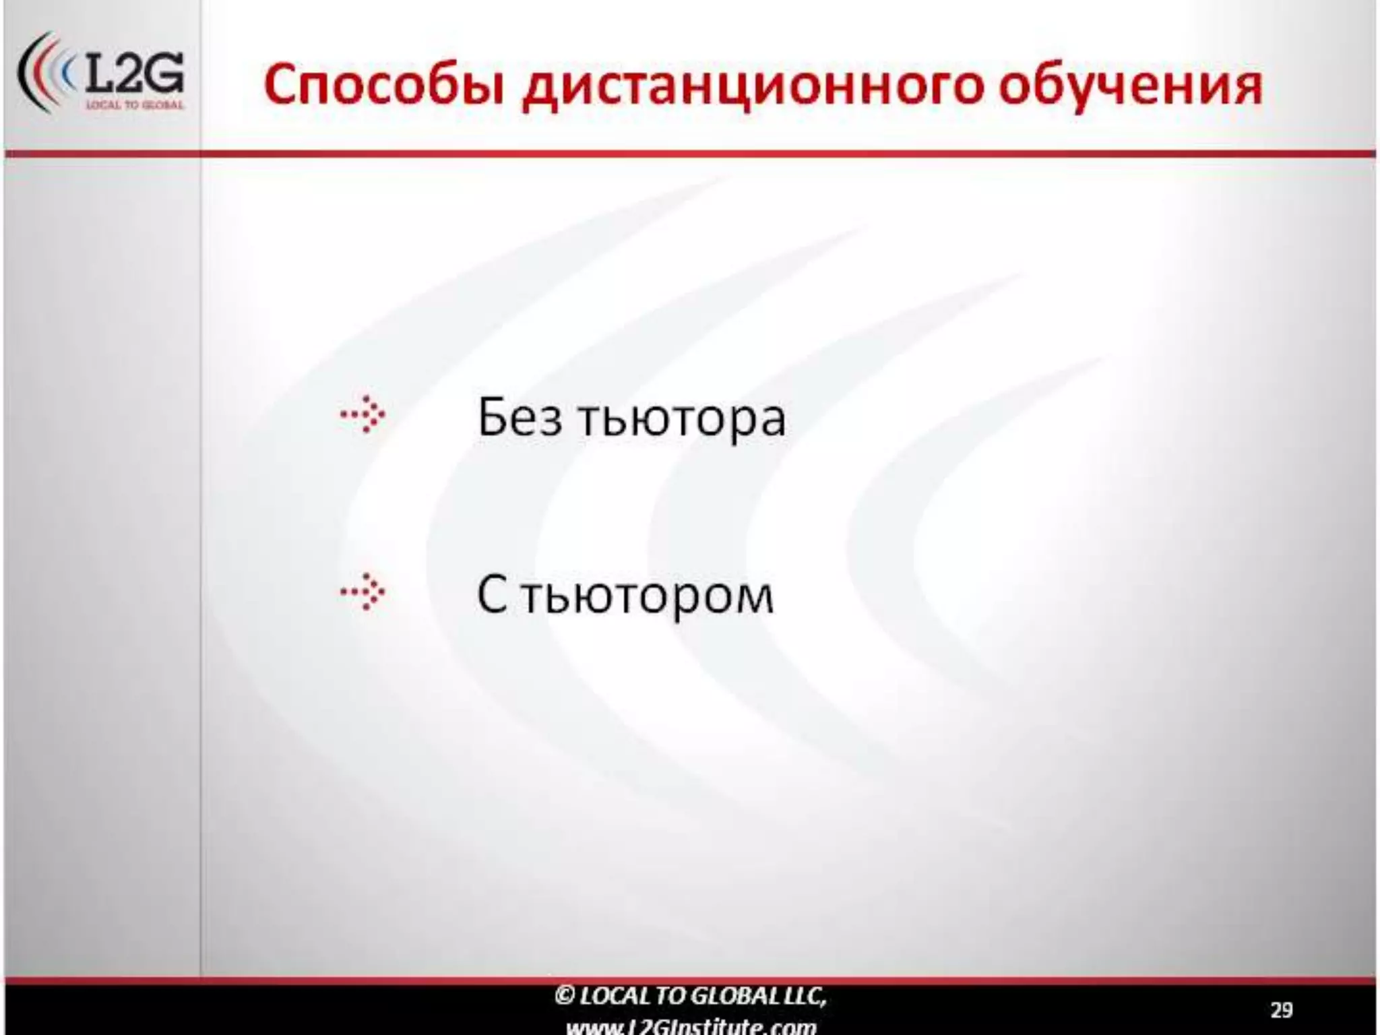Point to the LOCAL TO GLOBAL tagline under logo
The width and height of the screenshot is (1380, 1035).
135,106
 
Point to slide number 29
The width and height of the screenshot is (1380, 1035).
1281,1010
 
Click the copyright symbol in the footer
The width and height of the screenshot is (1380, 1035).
564,995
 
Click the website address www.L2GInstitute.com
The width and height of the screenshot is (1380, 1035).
691,1026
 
